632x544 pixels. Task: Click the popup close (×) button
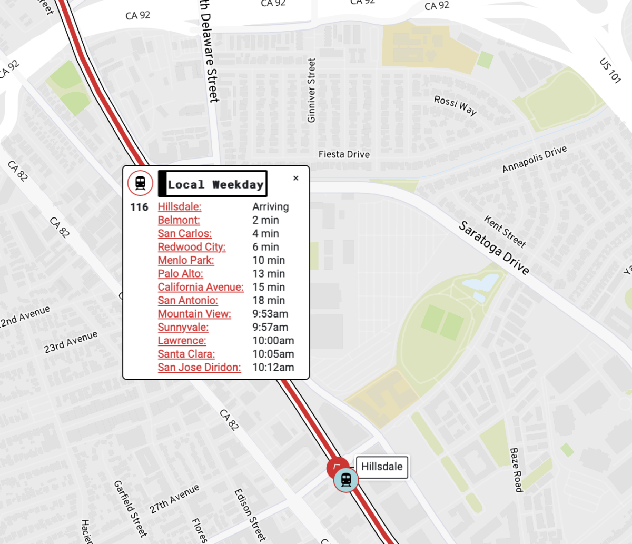296,179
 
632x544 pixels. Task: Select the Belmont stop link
179,220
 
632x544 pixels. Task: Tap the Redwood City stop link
192,247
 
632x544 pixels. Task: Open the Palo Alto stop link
181,274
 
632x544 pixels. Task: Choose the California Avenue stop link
201,287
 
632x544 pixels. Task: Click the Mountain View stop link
194,314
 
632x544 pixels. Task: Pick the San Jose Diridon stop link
199,368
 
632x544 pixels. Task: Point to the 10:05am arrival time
273,354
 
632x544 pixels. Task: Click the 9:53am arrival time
270,314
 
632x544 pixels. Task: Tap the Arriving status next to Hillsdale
271,207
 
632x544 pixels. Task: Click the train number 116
140,207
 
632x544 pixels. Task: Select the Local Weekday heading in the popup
215,184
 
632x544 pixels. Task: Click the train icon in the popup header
140,183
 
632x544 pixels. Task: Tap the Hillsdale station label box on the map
382,467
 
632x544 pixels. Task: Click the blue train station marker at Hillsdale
346,480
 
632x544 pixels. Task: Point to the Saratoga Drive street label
493,248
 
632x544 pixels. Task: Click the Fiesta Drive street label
344,154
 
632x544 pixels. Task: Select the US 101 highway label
610,71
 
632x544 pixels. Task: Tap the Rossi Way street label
455,105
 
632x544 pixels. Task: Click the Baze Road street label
516,470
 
